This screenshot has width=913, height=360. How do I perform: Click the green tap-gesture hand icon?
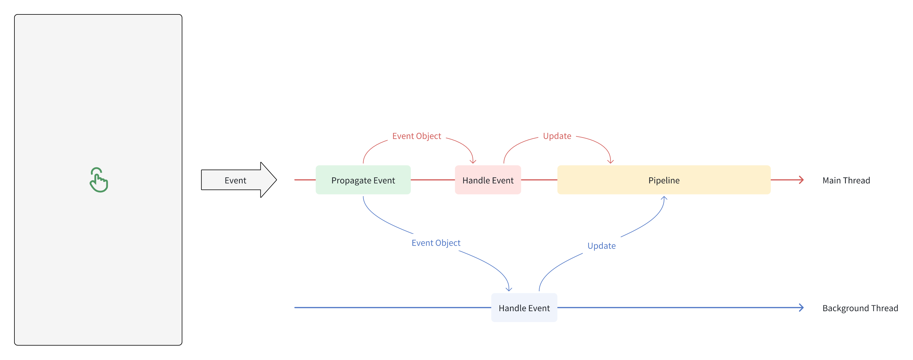[99, 180]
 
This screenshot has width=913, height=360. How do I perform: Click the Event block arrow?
[238, 180]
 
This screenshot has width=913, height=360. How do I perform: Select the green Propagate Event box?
[363, 180]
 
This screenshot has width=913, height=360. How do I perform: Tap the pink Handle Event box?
[488, 180]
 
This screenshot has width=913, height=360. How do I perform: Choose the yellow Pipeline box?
[664, 180]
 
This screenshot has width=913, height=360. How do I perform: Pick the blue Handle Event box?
[524, 308]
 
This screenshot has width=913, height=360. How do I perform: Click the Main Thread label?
[846, 180]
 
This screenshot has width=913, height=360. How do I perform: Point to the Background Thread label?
[860, 308]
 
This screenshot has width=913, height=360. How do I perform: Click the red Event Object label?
[416, 136]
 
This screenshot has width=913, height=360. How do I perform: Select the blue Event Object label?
[436, 243]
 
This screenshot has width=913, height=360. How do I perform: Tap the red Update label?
[557, 136]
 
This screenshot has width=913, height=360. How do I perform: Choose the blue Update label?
[602, 246]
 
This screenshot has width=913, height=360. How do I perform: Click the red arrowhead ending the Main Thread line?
[801, 180]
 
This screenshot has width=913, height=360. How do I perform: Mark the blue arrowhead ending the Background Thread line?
[801, 308]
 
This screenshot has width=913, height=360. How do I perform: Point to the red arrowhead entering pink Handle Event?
[473, 161]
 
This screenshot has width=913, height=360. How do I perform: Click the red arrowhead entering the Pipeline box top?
[610, 161]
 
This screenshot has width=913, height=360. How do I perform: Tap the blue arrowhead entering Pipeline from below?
[664, 198]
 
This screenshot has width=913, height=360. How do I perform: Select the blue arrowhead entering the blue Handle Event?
[509, 289]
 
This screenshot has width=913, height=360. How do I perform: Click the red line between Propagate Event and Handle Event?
[433, 180]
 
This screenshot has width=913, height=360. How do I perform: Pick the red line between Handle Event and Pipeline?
[539, 180]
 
